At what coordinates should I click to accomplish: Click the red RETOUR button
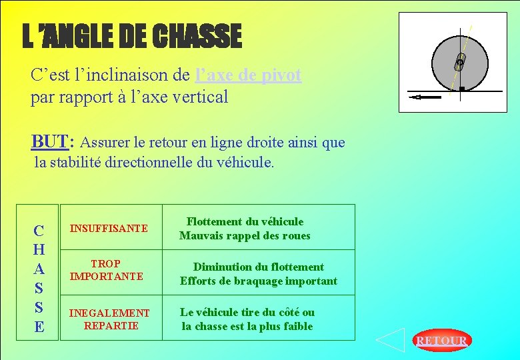click(x=441, y=341)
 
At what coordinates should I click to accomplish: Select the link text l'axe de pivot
click(x=249, y=75)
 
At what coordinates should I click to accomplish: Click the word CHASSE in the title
click(x=197, y=37)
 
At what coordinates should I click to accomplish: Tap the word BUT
click(x=51, y=141)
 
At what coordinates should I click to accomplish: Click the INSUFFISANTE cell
click(x=109, y=229)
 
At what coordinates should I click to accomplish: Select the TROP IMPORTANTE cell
click(x=107, y=270)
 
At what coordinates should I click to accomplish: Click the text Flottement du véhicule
click(x=245, y=221)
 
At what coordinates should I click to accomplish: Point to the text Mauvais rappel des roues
click(x=245, y=235)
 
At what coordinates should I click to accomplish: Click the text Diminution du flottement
click(x=258, y=267)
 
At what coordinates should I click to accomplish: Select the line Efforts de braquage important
click(x=258, y=281)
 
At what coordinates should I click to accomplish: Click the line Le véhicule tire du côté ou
click(x=247, y=312)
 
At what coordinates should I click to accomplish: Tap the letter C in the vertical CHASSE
click(x=39, y=231)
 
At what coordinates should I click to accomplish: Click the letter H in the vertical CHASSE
click(x=39, y=250)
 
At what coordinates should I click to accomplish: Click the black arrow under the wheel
click(x=425, y=97)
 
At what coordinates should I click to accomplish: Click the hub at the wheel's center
click(x=460, y=63)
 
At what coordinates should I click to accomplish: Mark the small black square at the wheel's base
click(x=461, y=89)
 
